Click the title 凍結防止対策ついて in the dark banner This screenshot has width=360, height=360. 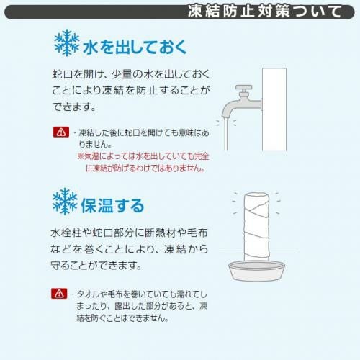264,12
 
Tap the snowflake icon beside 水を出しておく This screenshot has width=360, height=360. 66,42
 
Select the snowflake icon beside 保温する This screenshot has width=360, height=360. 65,201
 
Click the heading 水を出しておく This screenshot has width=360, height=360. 135,47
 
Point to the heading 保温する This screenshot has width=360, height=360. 112,205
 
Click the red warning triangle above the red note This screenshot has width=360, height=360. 61,132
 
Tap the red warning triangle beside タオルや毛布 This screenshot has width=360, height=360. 59,293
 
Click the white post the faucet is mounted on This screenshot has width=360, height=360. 274,109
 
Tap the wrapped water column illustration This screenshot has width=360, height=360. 256,226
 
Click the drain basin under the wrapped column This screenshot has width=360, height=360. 256,271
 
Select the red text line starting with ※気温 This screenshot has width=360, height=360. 143,156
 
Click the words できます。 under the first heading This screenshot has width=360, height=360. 74,107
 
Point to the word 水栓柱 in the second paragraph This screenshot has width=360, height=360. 66,233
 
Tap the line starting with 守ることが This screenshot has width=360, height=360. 96,265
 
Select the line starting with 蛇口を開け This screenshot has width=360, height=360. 131,74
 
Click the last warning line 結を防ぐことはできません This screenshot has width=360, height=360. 122,318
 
